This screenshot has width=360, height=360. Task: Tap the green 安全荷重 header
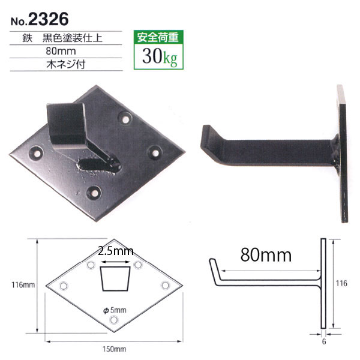tap(158, 37)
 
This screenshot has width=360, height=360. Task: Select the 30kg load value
tap(160, 56)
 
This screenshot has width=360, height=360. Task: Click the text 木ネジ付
tap(66, 65)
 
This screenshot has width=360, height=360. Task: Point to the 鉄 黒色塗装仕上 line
tap(62, 38)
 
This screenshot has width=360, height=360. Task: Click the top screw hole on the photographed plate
tap(125, 119)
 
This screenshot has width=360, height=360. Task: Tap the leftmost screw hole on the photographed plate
tap(37, 152)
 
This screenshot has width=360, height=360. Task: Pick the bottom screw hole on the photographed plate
tap(94, 193)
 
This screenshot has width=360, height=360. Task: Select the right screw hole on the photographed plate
tap(155, 152)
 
